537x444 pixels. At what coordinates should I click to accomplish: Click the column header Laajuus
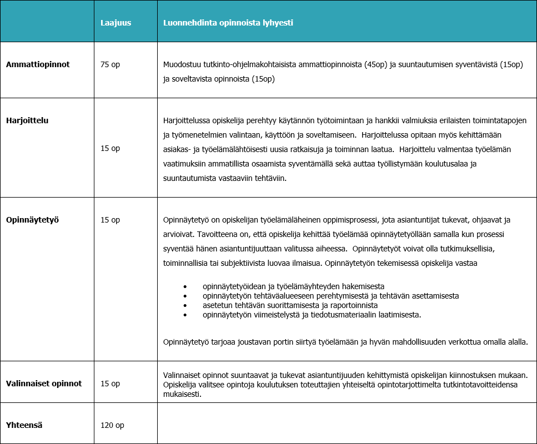(116, 23)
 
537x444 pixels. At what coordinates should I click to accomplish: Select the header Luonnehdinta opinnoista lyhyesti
(228, 23)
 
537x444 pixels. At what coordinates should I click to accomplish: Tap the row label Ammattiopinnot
(38, 64)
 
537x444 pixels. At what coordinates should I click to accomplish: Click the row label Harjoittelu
(27, 120)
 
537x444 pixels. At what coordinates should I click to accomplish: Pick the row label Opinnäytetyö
(32, 220)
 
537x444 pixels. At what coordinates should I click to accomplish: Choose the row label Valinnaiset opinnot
(44, 384)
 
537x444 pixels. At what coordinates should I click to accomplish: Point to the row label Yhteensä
(24, 425)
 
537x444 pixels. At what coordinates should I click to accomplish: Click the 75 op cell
(110, 64)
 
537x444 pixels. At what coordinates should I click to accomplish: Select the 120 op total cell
(112, 425)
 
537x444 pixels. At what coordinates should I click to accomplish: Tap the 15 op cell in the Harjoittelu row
(110, 148)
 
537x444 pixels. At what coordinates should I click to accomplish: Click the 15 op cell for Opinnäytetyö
(110, 220)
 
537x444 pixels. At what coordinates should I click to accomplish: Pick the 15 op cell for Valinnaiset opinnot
(110, 384)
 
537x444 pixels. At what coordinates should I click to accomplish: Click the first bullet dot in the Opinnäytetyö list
(185, 286)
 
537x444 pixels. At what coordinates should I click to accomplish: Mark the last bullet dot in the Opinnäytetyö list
(185, 315)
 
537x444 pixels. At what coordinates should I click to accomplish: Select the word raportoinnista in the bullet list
(352, 306)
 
